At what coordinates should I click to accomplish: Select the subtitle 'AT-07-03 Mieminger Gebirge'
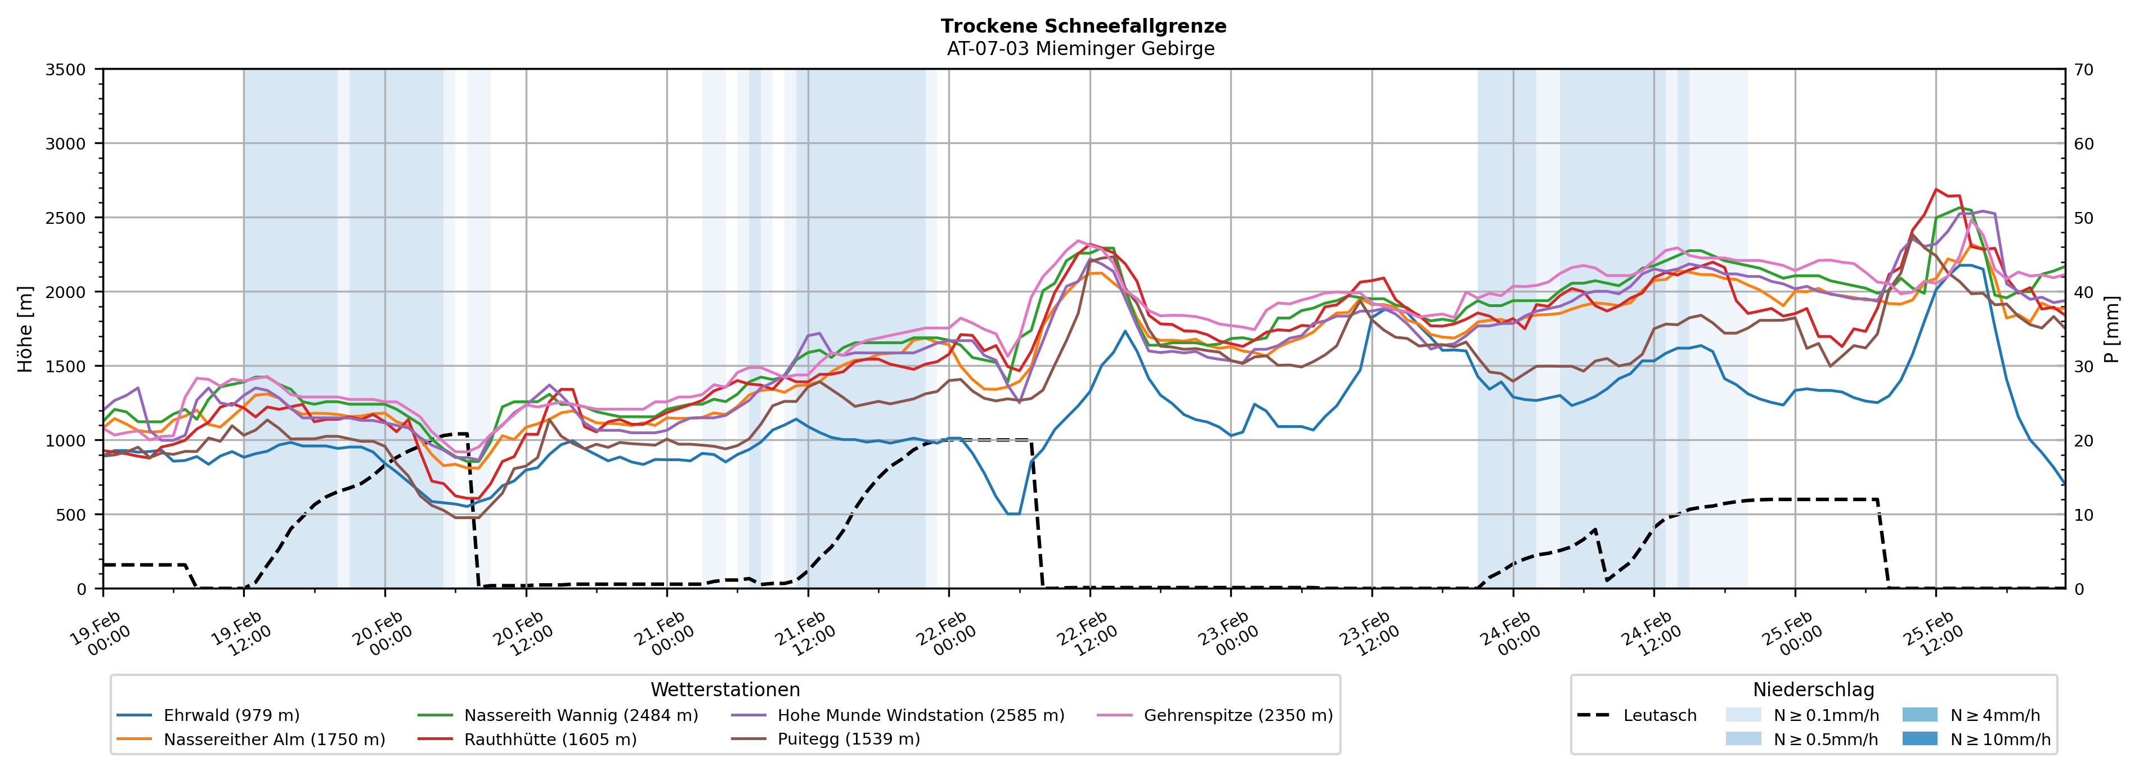pos(1080,49)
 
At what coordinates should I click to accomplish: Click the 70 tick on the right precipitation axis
pos(2083,70)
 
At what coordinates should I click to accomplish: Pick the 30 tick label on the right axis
pos(2083,367)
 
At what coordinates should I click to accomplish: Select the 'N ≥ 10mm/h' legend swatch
pos(1919,738)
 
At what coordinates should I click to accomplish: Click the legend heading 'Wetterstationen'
pos(725,689)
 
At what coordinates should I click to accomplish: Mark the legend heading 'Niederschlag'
pos(1813,689)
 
